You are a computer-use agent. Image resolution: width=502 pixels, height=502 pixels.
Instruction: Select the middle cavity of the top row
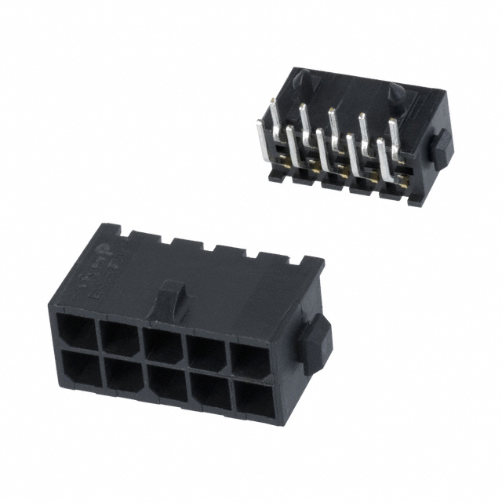pyautogui.click(x=166, y=344)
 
